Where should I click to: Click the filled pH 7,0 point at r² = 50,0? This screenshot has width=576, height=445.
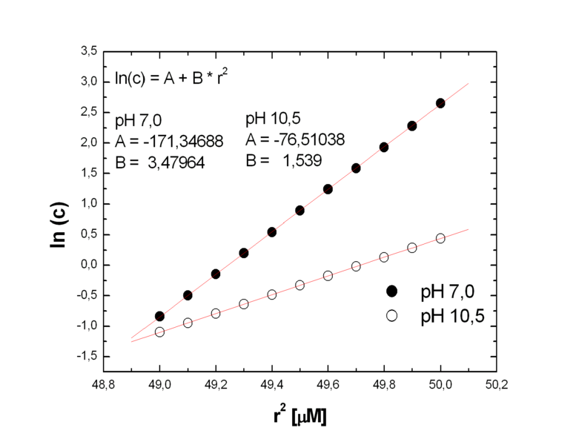(440, 103)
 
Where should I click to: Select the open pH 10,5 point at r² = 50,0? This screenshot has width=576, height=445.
(440, 238)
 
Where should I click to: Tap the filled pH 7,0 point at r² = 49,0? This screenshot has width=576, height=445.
(159, 316)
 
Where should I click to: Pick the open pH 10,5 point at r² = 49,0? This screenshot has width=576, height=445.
(159, 332)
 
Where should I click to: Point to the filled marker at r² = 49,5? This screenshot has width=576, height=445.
(300, 211)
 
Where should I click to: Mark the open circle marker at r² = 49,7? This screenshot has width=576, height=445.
(356, 266)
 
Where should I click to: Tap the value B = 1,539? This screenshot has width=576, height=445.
(282, 160)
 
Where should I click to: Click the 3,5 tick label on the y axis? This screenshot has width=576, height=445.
(88, 52)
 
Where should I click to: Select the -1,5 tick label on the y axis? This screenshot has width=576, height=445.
(86, 357)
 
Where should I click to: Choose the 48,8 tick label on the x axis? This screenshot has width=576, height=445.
(103, 385)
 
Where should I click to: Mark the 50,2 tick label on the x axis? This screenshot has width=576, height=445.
(497, 385)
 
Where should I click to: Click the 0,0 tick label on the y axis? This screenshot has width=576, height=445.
(88, 265)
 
